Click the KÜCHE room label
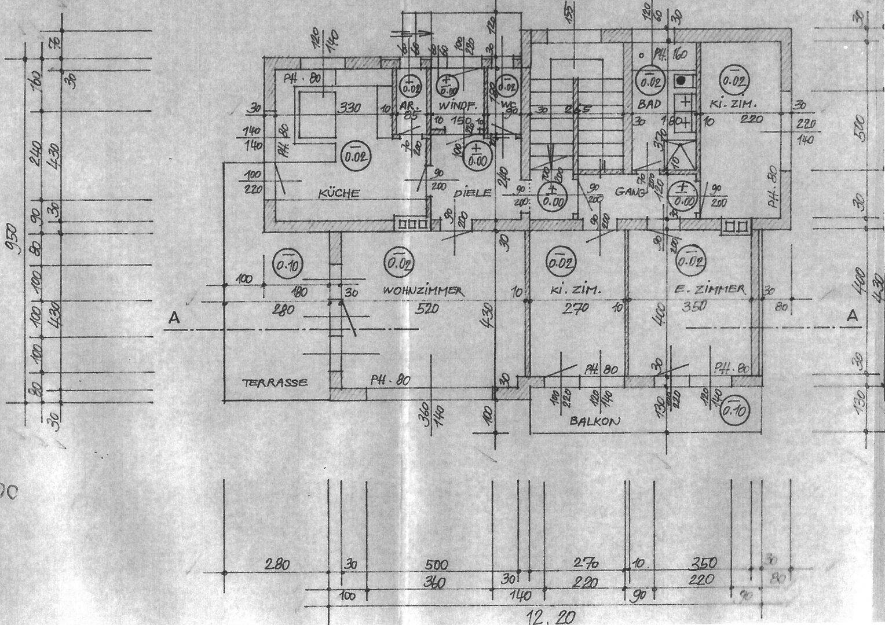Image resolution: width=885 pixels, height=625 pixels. click(x=339, y=194)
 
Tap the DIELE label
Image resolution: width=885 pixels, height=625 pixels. click(x=473, y=193)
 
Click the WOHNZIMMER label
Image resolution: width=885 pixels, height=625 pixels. click(x=423, y=291)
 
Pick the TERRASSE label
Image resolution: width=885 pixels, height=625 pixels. click(x=275, y=382)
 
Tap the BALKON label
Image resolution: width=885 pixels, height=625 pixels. click(x=595, y=421)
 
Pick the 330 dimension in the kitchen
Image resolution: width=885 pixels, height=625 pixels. click(x=349, y=107)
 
